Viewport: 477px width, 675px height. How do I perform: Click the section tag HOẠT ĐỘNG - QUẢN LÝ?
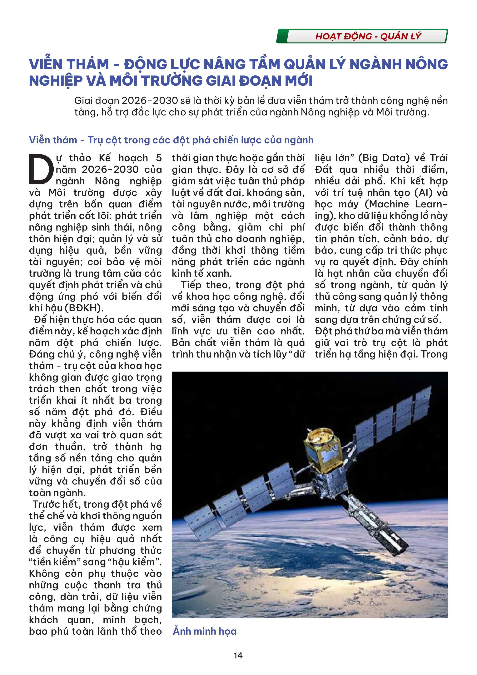(x=368, y=36)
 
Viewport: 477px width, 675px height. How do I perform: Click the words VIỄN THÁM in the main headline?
(x=69, y=65)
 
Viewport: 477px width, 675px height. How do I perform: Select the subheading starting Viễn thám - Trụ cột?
(x=171, y=140)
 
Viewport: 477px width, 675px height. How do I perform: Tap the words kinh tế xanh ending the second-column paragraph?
(x=202, y=274)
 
